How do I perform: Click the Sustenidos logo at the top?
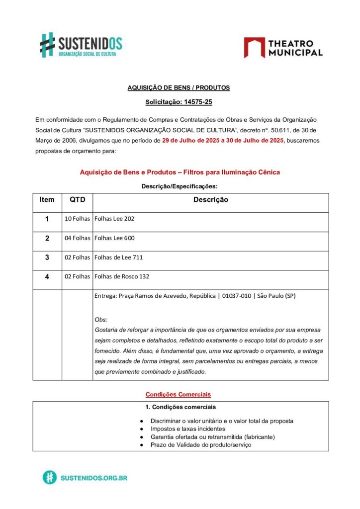[x=81, y=44]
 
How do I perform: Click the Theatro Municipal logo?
[x=283, y=47]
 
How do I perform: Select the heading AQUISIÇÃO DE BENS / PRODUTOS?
[x=179, y=87]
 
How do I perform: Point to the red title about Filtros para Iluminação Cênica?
[x=180, y=172]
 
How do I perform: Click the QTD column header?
[x=77, y=200]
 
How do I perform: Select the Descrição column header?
[x=210, y=200]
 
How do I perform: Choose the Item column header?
[x=47, y=200]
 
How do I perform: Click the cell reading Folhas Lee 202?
[x=114, y=219]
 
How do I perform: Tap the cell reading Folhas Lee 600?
[x=114, y=238]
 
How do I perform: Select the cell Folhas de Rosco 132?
[x=122, y=277]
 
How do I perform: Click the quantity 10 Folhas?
[x=77, y=219]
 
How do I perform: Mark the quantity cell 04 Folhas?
[x=77, y=238]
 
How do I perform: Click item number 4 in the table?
[x=47, y=277]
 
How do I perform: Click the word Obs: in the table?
[x=101, y=320]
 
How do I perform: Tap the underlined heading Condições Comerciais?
[x=178, y=394]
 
